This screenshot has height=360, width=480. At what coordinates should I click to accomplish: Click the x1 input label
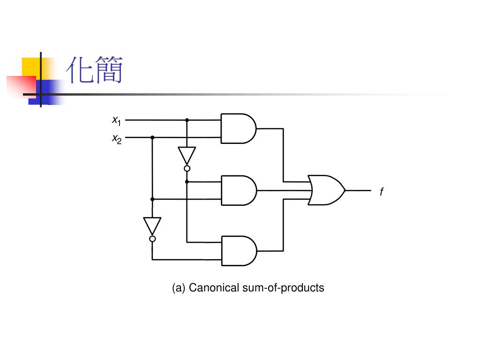[x=117, y=120]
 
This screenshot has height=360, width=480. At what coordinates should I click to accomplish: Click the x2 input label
[x=117, y=139]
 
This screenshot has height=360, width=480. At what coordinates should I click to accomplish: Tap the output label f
[x=382, y=192]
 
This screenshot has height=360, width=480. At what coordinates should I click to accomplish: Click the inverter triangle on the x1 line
[x=187, y=155]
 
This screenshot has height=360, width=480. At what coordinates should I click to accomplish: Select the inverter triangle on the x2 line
[x=152, y=225]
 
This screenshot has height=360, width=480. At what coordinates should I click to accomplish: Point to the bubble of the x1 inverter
[x=187, y=168]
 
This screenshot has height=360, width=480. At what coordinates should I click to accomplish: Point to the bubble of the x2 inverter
[x=152, y=239]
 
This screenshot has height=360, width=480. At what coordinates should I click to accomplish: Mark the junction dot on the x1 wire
[x=187, y=120]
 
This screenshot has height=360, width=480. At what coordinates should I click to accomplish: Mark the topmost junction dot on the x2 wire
[x=152, y=138]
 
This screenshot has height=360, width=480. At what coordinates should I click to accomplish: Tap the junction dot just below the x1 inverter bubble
[x=187, y=181]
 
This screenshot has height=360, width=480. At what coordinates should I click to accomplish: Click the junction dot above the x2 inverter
[x=152, y=199]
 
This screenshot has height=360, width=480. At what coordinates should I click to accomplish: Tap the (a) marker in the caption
[x=179, y=287]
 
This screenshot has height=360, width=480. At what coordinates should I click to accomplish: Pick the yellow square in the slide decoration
[x=31, y=67]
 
